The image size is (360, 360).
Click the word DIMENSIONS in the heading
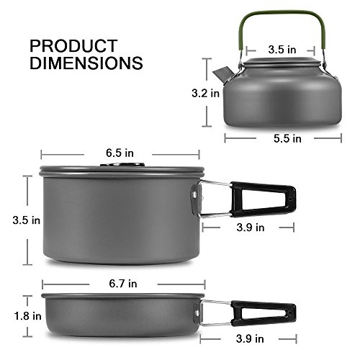coord(86,63)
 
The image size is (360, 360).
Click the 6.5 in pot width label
coord(119,153)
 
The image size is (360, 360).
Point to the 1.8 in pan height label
coord(16,315)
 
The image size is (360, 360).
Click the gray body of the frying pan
coord(119,315)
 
